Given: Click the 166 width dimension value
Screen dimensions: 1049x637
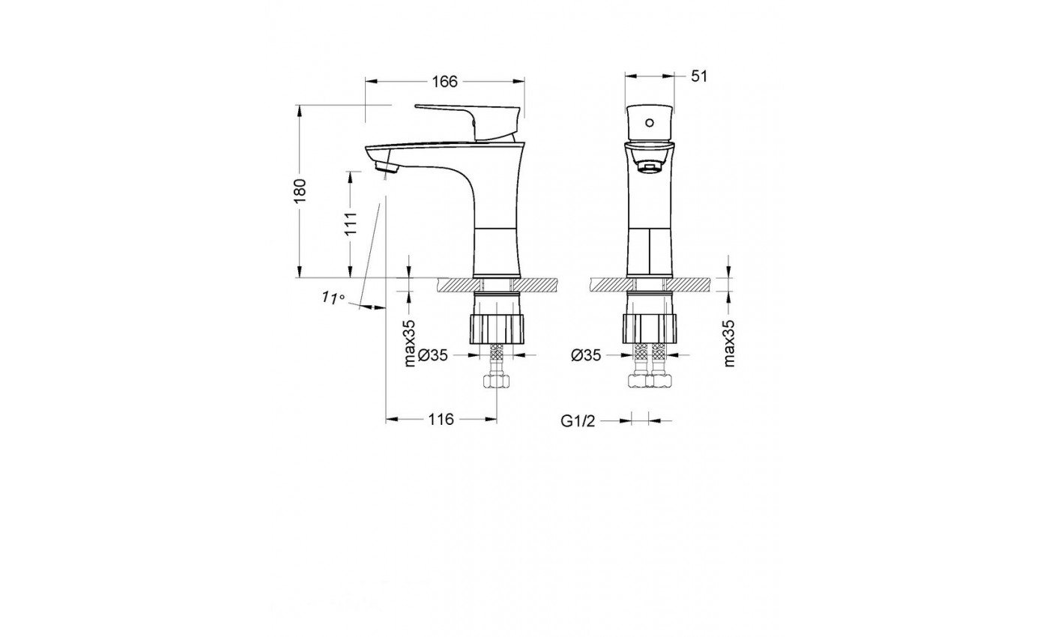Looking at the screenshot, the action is coord(444,82).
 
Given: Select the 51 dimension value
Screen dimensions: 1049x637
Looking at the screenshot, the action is coord(698,76).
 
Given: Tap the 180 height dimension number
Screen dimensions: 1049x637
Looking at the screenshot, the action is coord(300,190).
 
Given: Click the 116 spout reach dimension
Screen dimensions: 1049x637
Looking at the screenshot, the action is coord(441,419).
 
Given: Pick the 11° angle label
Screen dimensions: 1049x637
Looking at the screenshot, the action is coord(333,298).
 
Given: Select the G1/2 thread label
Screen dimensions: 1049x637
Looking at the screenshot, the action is coord(578,421).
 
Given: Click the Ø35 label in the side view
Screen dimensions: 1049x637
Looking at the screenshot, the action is coord(433,355).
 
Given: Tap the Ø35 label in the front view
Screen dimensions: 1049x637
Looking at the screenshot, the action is coord(586,355).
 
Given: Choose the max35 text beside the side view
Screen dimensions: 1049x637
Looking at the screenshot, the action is coord(409,343).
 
